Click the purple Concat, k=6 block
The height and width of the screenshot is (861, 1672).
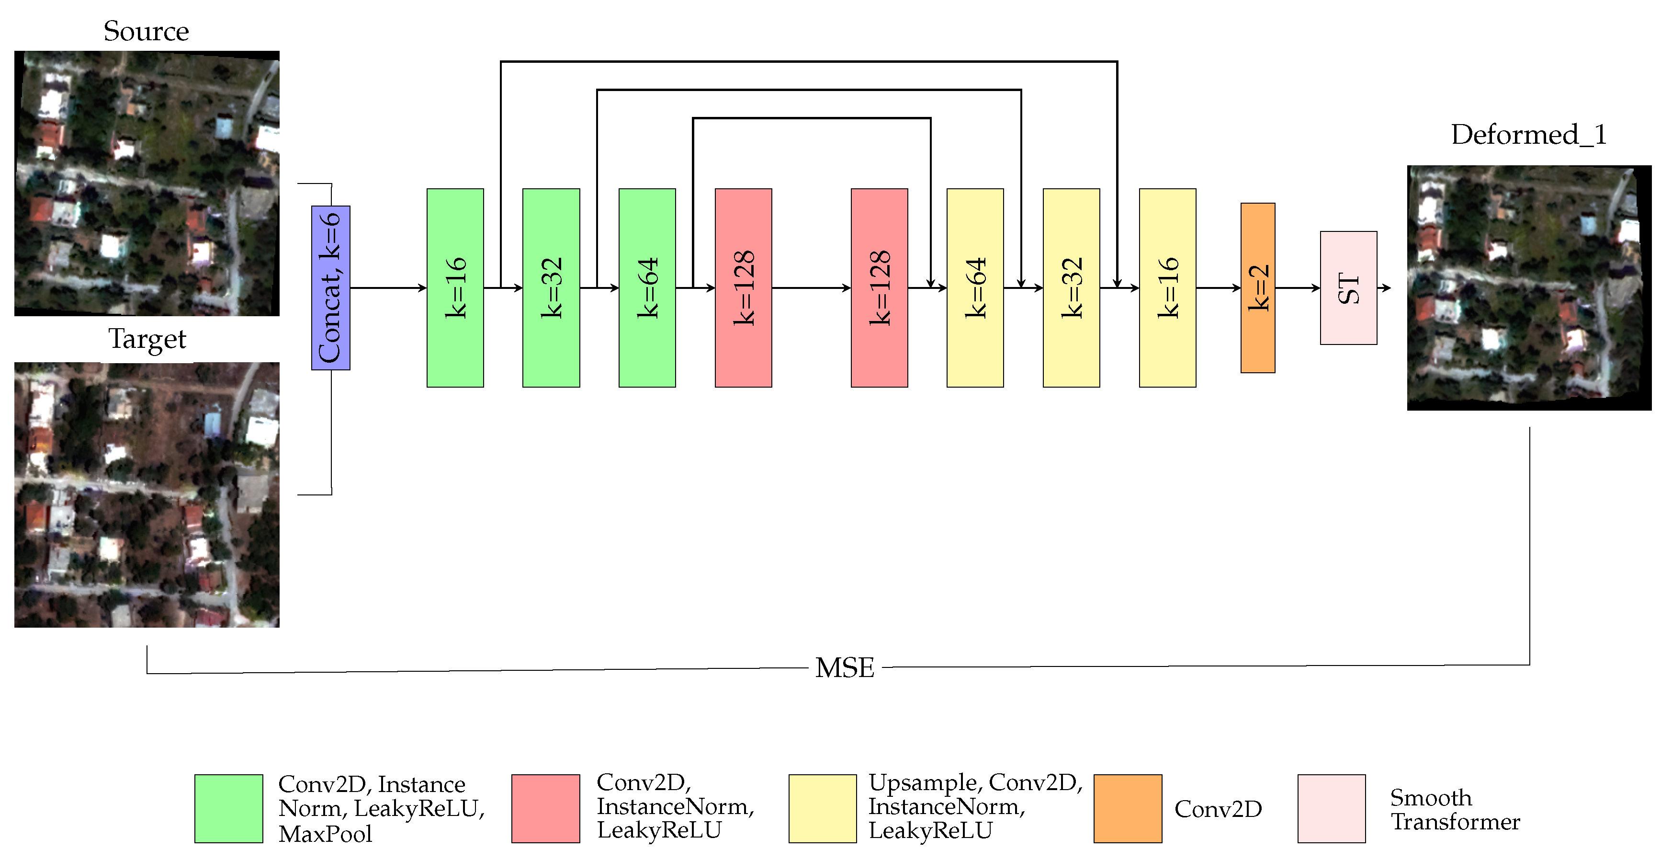coord(330,287)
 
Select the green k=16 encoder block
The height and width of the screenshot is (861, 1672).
coord(455,287)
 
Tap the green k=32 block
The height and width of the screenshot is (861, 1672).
coord(551,287)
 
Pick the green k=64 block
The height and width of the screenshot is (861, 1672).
coord(647,287)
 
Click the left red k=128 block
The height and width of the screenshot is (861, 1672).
coord(743,287)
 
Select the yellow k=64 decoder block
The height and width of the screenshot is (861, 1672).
coord(975,287)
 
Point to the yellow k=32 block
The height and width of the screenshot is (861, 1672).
coord(1071,287)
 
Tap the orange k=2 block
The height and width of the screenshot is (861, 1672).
coord(1257,287)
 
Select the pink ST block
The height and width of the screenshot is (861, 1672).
coord(1348,287)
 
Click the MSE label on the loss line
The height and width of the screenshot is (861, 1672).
coord(845,667)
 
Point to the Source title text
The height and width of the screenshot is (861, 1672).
coord(146,31)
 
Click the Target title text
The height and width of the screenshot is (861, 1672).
coord(147,339)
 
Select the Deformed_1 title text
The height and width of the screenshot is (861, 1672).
coord(1528,135)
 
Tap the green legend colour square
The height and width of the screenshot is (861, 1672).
coord(228,808)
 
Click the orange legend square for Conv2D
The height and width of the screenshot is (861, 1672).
coord(1128,808)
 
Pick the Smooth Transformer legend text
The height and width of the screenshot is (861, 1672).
coord(1454,809)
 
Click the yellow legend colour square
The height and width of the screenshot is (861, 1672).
coord(823,808)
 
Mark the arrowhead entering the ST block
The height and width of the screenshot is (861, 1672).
coord(1316,287)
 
